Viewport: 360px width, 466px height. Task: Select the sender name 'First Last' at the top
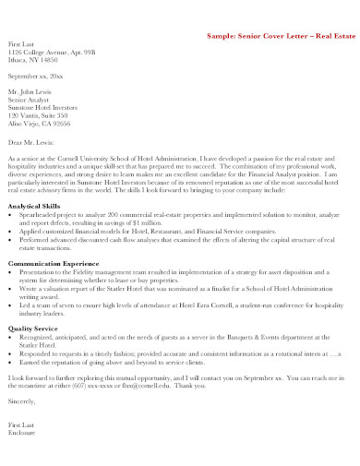(x=22, y=43)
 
